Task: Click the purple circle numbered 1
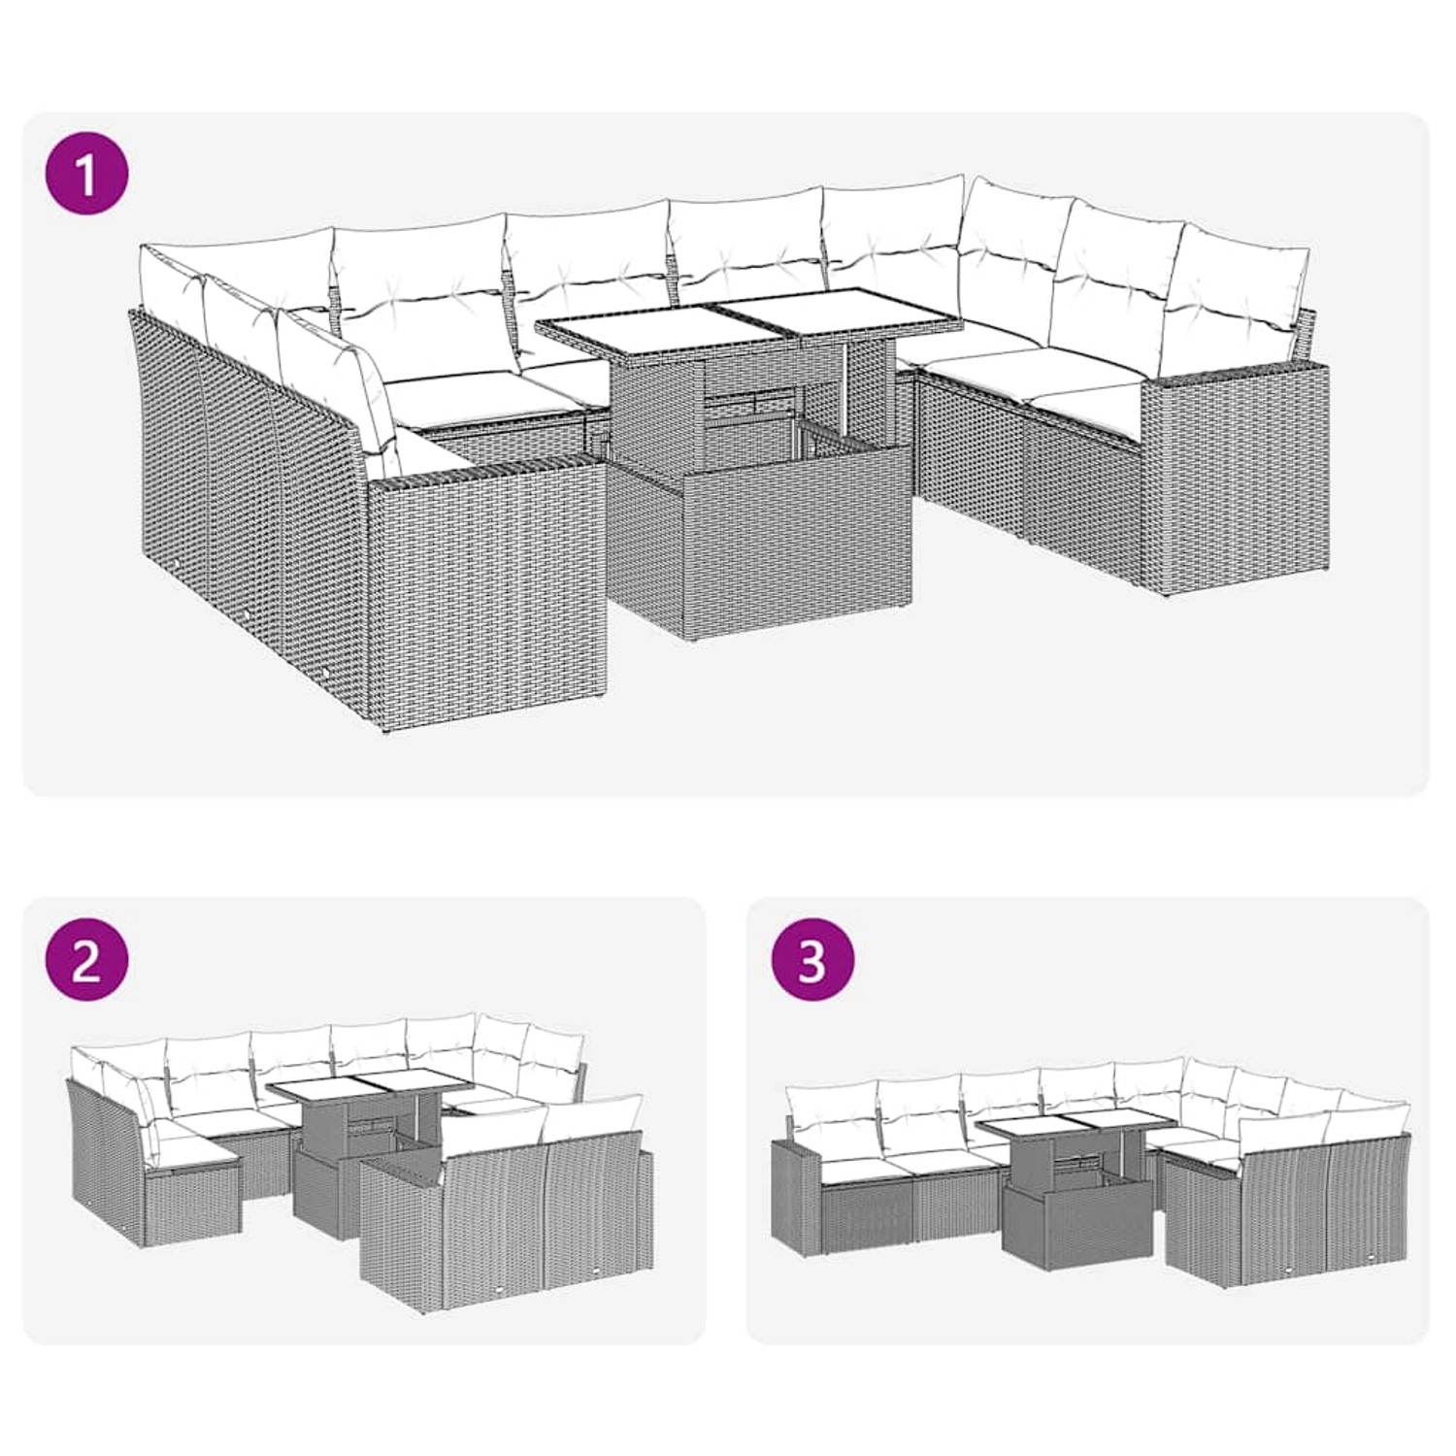87,176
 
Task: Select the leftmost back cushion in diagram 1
170,277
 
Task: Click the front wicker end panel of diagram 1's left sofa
485,592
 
